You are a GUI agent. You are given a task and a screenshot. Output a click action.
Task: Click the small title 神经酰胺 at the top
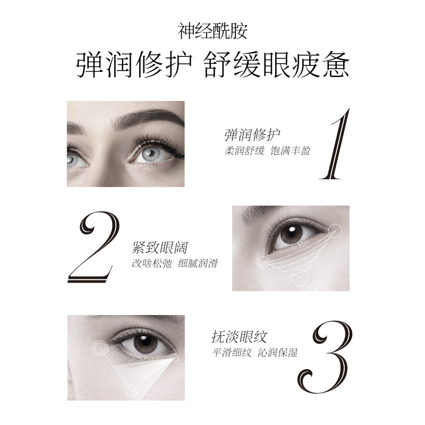click(212, 30)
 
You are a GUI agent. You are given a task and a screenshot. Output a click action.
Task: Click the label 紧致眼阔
click(160, 248)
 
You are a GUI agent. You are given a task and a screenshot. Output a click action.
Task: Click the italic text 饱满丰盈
click(290, 150)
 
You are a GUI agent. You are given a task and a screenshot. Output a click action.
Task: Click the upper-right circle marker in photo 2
click(335, 229)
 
